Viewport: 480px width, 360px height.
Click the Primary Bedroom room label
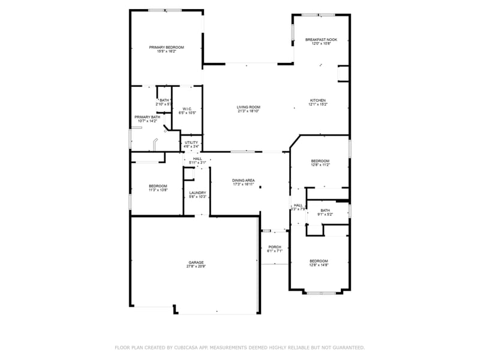pos(166,47)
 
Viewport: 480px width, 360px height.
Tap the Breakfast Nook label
pos(321,40)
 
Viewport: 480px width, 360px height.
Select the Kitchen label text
pos(317,100)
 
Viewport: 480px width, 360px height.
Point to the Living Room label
pos(248,107)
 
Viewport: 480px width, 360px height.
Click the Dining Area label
pos(244,180)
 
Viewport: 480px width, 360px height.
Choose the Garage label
pos(196,262)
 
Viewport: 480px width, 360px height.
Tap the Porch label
pos(275,247)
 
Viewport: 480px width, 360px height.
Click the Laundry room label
pos(198,193)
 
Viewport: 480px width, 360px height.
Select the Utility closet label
pos(191,142)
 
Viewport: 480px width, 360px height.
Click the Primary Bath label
pos(147,117)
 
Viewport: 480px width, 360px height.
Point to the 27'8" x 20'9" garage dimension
pos(196,266)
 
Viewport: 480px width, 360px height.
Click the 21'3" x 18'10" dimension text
pos(248,111)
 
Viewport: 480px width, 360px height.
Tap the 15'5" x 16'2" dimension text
pos(166,52)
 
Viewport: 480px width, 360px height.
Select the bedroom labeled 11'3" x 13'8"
pos(158,186)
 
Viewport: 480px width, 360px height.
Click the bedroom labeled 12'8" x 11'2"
pos(320,161)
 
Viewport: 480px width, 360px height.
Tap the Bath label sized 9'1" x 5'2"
pos(325,210)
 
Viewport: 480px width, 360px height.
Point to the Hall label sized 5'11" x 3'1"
pos(197,159)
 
